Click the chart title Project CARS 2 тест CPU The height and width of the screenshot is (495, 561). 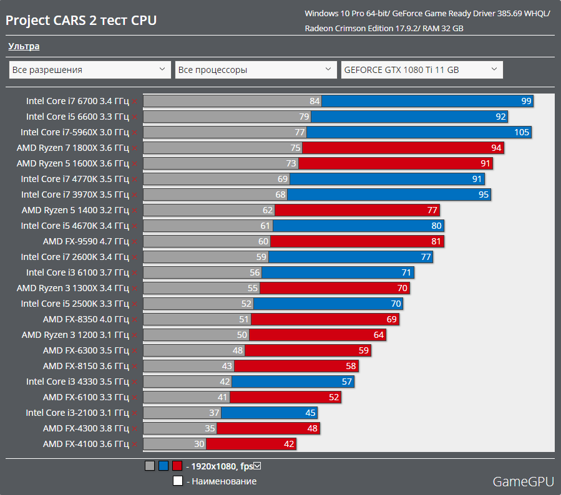(81, 21)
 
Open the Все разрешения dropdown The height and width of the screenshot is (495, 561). (90, 70)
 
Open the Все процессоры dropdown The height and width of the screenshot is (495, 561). (255, 70)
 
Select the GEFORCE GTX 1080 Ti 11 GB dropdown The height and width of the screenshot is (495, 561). (421, 70)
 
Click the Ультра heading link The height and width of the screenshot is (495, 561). (24, 46)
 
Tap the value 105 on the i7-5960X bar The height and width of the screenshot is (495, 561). (522, 132)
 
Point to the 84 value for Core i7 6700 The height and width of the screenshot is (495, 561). (315, 101)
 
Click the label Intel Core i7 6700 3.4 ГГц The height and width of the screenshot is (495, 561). (77, 101)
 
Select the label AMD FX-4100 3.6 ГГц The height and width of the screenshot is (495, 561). (86, 444)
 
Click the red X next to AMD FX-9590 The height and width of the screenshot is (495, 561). (134, 241)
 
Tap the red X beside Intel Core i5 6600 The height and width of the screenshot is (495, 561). (134, 117)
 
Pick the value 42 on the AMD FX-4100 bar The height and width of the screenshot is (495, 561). (288, 444)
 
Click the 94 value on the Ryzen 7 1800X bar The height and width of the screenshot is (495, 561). (496, 148)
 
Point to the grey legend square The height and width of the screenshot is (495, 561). (149, 466)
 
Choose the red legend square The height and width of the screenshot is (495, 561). (177, 466)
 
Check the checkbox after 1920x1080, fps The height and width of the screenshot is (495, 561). (257, 466)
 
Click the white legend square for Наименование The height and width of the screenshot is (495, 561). (177, 481)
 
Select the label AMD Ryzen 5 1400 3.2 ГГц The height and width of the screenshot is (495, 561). (75, 210)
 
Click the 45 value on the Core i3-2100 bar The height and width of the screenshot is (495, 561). (310, 413)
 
